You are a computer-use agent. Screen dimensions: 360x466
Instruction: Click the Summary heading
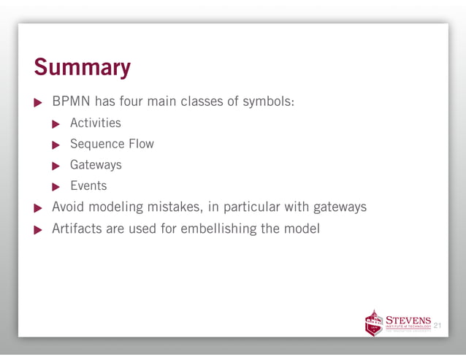(x=82, y=68)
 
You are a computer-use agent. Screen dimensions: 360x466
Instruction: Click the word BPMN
(x=70, y=102)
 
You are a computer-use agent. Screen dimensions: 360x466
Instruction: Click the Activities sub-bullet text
(x=96, y=123)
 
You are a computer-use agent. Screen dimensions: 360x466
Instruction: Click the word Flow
(x=141, y=144)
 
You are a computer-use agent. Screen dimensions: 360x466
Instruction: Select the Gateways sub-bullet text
(x=96, y=165)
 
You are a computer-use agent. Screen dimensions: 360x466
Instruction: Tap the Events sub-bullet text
(x=88, y=186)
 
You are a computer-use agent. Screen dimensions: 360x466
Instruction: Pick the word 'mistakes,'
(x=172, y=207)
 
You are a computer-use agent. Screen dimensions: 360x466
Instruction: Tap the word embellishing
(x=217, y=229)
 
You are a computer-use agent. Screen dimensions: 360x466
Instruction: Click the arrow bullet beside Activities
(x=58, y=123)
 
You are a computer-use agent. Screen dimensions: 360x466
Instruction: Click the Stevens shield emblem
(x=373, y=322)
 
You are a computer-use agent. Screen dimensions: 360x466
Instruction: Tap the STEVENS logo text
(x=408, y=319)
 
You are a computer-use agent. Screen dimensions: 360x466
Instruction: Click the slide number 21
(x=438, y=325)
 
